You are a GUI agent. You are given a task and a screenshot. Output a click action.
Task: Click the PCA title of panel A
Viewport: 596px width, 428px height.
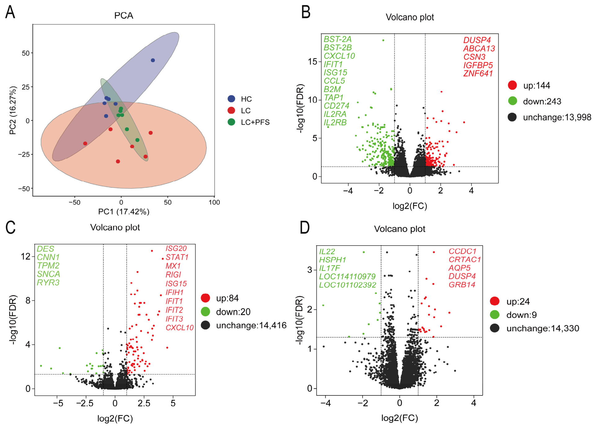click(x=124, y=15)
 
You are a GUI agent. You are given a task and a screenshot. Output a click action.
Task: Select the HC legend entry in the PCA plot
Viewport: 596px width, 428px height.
click(x=240, y=99)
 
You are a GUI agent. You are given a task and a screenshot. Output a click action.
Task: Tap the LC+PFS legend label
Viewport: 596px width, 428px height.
click(x=255, y=122)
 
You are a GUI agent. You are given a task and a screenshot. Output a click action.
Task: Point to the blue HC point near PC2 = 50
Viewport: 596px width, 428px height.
click(x=153, y=60)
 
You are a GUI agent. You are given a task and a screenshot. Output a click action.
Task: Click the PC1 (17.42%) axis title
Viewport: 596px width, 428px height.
click(x=124, y=212)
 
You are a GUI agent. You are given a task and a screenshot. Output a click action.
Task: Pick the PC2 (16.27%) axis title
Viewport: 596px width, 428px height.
click(x=13, y=110)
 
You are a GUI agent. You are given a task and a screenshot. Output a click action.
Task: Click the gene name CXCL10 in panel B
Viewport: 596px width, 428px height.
click(x=339, y=56)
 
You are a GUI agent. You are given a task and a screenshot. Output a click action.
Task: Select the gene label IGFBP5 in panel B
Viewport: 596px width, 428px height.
click(x=478, y=65)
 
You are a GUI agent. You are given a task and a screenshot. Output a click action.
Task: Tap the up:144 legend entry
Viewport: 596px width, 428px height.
click(x=529, y=85)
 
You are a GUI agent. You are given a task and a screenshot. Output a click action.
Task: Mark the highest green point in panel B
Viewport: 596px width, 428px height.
click(x=383, y=40)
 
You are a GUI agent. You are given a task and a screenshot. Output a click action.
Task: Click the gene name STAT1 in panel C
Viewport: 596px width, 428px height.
click(x=177, y=257)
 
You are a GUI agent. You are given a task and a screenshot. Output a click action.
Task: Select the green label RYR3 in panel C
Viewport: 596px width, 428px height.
click(x=48, y=283)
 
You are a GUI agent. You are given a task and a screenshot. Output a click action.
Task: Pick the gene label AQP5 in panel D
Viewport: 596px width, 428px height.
click(x=459, y=268)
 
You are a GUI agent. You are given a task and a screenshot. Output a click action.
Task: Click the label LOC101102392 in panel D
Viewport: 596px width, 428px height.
click(x=348, y=285)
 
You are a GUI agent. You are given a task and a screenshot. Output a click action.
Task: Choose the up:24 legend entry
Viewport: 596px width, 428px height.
click(x=510, y=301)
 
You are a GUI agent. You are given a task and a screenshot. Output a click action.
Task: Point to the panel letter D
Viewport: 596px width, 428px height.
click(x=305, y=227)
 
